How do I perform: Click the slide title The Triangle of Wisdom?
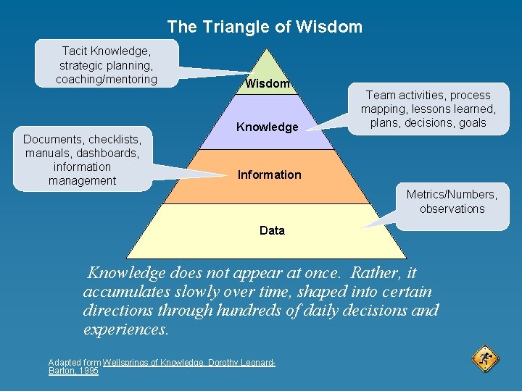(x=265, y=28)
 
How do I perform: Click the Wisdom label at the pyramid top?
(x=268, y=84)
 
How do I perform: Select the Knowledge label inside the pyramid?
(x=268, y=127)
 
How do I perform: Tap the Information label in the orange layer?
(x=269, y=175)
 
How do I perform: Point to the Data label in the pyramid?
(x=272, y=230)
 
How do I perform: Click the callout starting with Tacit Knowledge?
(x=107, y=64)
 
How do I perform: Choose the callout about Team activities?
(x=428, y=109)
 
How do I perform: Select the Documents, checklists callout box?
(x=82, y=159)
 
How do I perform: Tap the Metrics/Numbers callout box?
(x=452, y=201)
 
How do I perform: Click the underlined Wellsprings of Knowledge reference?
(x=188, y=362)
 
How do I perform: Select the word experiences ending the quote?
(x=125, y=329)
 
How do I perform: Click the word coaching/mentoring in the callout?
(x=107, y=79)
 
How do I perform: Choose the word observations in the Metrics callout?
(x=452, y=209)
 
